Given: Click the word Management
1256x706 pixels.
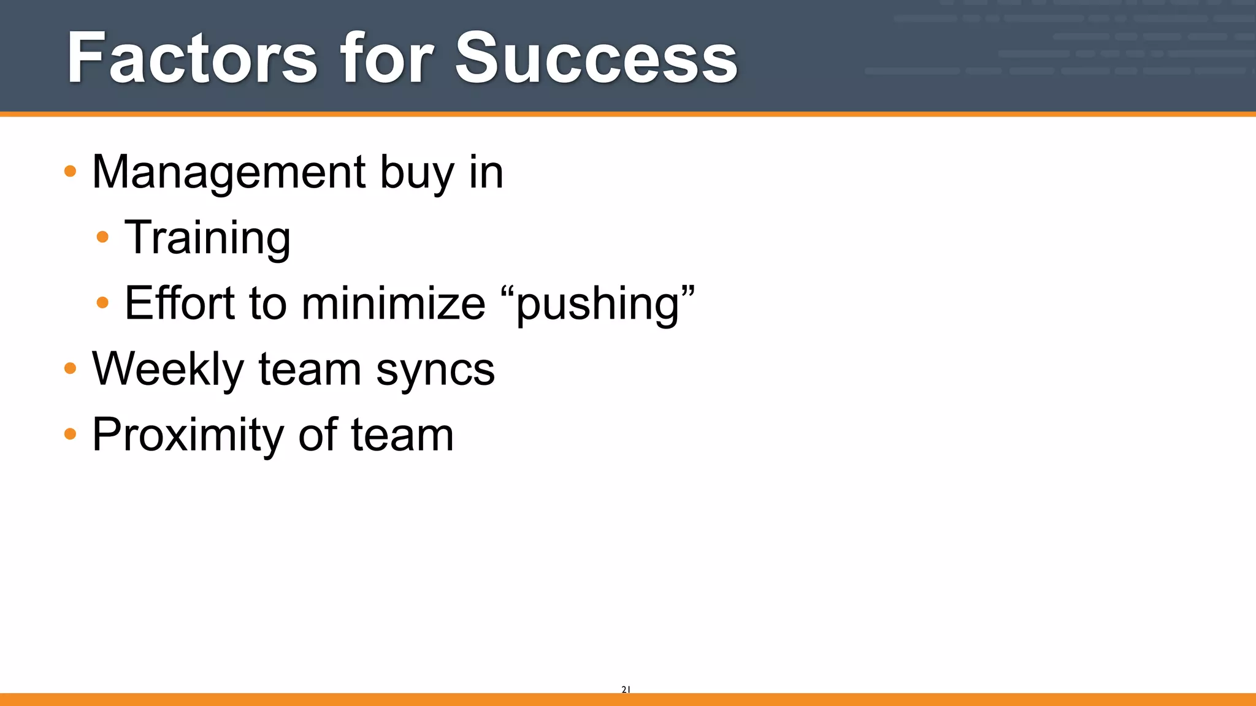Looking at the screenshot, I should click(229, 172).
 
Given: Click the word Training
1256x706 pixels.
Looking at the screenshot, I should click(207, 238).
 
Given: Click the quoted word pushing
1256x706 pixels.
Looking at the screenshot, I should click(598, 304).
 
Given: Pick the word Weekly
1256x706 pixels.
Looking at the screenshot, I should click(168, 370).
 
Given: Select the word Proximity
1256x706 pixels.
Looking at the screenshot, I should click(188, 435).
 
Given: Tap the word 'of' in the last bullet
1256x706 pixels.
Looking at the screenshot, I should click(318, 435).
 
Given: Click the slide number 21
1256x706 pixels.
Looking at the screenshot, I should click(626, 689).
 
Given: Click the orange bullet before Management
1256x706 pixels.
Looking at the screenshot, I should click(71, 171).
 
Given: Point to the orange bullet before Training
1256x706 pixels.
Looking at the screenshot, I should click(103, 237).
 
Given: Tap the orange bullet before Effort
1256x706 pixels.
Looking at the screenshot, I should click(103, 302).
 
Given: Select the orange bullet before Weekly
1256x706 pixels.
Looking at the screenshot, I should click(71, 368).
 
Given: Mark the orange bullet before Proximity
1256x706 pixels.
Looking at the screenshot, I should click(71, 434).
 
